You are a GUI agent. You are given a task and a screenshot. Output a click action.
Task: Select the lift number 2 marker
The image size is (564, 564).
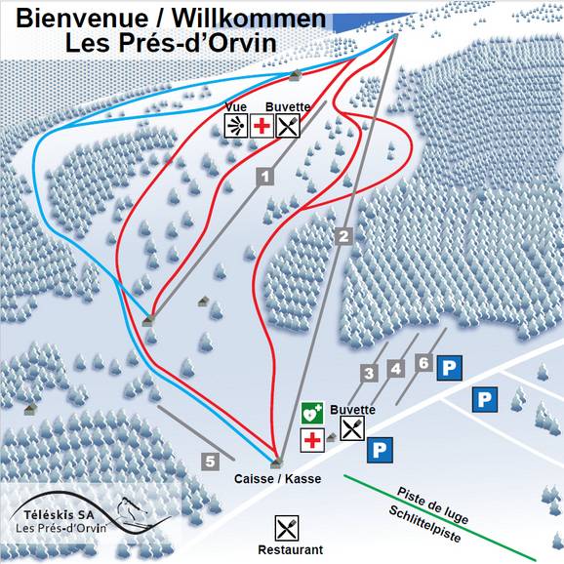[x=342, y=235]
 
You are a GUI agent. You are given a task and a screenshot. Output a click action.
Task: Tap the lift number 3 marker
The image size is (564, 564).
[x=369, y=372]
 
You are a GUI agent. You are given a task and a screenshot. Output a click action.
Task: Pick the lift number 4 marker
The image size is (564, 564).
[x=395, y=369]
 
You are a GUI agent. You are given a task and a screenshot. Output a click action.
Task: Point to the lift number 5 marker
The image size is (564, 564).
[x=210, y=462]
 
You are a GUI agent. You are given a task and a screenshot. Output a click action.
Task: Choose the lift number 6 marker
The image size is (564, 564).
[x=423, y=363]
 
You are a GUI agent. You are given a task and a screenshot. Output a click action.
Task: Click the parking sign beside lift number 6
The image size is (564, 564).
[x=449, y=368]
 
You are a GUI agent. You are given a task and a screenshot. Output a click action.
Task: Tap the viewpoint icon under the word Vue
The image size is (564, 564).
[x=235, y=125]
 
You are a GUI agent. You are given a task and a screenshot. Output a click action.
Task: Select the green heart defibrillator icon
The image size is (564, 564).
[x=311, y=413]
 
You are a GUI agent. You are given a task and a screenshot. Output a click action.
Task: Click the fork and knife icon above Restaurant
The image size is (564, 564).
[x=287, y=528]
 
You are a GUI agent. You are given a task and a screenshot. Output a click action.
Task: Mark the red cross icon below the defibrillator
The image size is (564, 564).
[x=311, y=440]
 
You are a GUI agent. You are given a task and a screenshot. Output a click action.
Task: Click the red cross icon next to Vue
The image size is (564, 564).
[x=262, y=125]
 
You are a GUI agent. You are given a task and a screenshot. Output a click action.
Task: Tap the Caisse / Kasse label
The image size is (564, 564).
[x=277, y=480]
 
